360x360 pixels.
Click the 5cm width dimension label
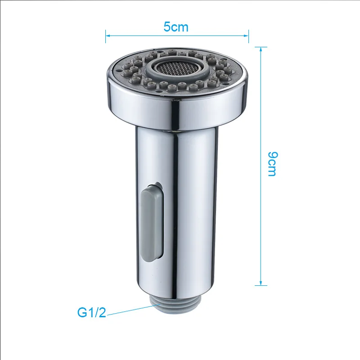pos(175,27)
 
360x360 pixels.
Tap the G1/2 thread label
pos(91,312)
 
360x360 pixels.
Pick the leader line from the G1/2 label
pos(130,310)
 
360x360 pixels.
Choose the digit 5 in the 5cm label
pos(166,27)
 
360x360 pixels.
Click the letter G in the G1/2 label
pos(81,312)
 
